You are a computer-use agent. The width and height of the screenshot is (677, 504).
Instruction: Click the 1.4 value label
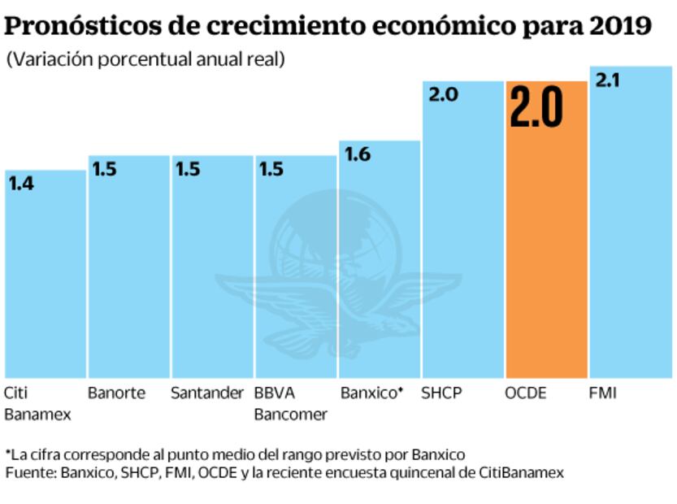click(x=22, y=184)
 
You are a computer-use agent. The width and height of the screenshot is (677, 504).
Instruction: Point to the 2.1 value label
click(x=608, y=81)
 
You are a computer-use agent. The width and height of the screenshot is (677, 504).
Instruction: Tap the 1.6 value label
click(x=356, y=154)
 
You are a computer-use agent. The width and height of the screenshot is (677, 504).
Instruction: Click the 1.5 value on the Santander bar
click(x=189, y=169)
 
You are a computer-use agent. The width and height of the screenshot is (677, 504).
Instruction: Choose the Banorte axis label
click(x=116, y=393)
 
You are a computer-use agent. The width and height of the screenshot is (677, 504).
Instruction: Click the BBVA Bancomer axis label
click(x=290, y=404)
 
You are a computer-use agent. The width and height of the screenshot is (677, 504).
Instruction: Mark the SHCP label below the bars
click(x=441, y=393)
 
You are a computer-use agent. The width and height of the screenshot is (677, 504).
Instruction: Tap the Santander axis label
click(x=207, y=393)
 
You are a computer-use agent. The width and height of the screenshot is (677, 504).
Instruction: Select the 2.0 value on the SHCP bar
click(x=443, y=95)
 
